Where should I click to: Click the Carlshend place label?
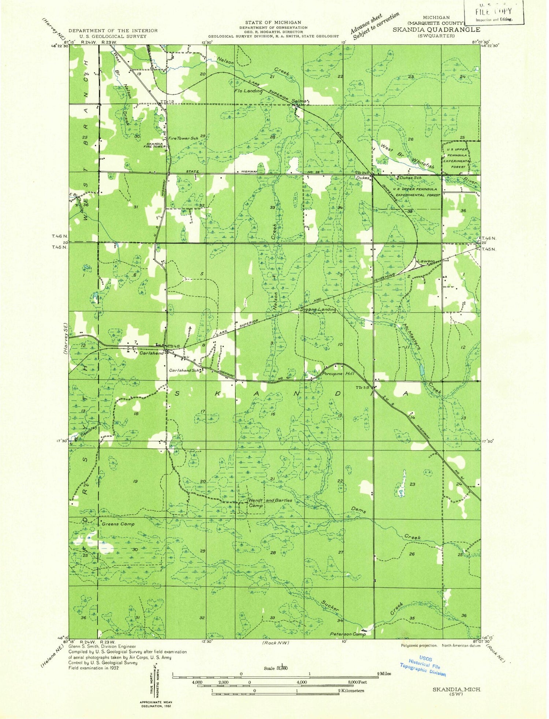click(152, 353)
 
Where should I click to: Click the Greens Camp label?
click(118, 524)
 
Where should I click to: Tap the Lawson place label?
click(426, 261)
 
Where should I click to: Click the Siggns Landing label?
click(318, 310)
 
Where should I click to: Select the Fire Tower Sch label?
click(183, 138)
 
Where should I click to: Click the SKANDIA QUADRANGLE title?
click(436, 29)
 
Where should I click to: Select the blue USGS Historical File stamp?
click(423, 666)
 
